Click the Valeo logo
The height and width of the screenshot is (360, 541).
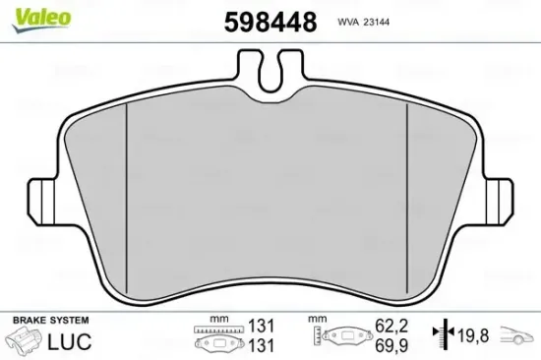point(41,20)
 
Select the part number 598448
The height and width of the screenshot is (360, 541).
point(270,22)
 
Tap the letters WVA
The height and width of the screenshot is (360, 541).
point(348,22)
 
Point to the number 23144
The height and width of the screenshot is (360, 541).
point(376,22)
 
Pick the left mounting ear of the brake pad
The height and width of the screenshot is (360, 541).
point(40,201)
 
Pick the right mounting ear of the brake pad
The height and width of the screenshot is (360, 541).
point(500,201)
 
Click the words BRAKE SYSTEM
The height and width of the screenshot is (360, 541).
point(51,321)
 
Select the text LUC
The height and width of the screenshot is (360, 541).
point(69,341)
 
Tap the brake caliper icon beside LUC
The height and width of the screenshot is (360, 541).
point(25,341)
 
